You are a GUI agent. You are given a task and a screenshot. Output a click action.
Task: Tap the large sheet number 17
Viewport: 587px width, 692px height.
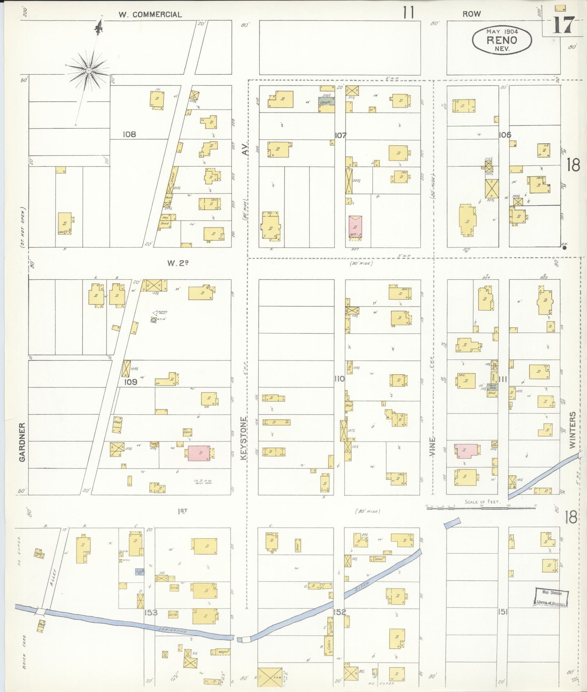[563, 25]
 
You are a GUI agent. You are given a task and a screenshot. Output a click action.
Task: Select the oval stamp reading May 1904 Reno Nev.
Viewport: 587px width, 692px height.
[502, 40]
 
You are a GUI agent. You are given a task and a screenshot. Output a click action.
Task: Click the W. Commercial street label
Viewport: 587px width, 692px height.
[150, 14]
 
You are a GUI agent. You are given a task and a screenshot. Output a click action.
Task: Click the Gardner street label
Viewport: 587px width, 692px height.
[22, 442]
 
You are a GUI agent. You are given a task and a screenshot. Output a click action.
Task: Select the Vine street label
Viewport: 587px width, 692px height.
[433, 447]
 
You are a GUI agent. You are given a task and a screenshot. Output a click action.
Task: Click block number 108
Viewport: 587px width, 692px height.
[129, 134]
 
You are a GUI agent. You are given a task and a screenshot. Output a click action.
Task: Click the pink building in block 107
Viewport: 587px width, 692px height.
[355, 226]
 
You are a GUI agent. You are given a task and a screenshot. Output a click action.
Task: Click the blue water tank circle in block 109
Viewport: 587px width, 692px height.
[153, 320]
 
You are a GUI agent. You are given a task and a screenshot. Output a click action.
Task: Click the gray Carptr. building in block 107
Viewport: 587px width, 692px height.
[326, 102]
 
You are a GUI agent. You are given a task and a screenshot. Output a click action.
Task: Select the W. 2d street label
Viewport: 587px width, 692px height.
[178, 263]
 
